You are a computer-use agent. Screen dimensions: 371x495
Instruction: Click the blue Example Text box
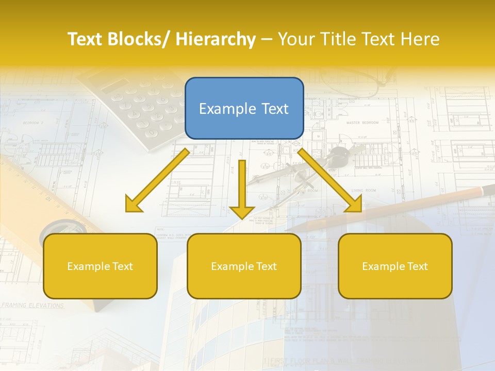[x=244, y=109]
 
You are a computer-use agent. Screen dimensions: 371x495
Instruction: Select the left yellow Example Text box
[x=100, y=266]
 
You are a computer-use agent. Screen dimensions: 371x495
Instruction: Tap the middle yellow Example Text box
[x=244, y=266]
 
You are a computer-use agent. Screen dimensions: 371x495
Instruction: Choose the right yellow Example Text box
[x=395, y=266]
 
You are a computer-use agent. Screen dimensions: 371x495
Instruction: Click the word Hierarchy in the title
[x=216, y=40]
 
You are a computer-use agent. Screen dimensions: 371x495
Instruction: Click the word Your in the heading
[x=296, y=40]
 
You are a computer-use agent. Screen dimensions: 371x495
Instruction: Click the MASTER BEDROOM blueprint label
[x=362, y=123]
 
